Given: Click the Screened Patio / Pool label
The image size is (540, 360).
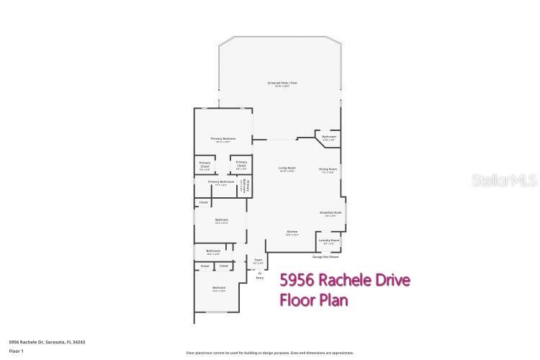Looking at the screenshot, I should (x=283, y=84).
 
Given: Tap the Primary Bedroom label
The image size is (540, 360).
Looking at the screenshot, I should (x=223, y=139).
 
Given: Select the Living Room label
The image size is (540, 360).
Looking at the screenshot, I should (x=287, y=169).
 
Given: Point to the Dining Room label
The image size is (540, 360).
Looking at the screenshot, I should (x=328, y=171).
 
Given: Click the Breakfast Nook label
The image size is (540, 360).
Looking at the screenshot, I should (x=330, y=214).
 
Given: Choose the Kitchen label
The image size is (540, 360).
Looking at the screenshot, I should (x=292, y=233).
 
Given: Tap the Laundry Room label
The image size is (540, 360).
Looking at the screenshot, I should (x=329, y=241).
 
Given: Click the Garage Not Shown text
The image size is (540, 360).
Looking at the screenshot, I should (x=325, y=256).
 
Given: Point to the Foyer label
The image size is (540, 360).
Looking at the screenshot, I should (x=258, y=261).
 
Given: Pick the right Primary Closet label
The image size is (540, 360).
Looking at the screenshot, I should (x=241, y=164).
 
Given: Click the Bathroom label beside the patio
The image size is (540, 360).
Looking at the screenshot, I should (x=329, y=138).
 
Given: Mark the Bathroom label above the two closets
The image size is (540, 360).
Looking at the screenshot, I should (x=213, y=251).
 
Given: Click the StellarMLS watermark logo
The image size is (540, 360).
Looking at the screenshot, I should (x=504, y=180).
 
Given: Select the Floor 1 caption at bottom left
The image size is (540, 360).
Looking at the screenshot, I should (x=17, y=351).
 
